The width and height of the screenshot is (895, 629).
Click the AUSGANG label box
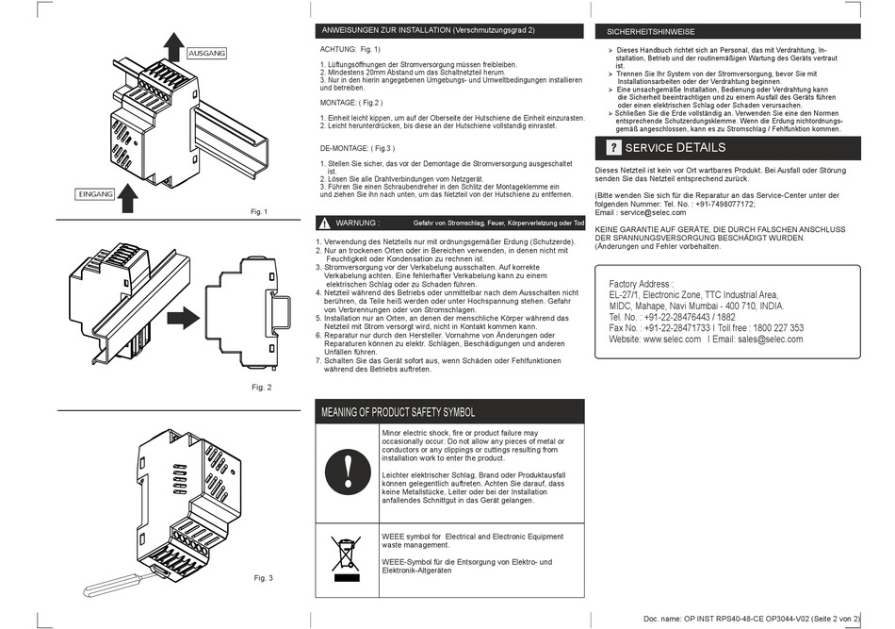point(206,53)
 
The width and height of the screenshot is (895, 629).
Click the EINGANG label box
point(95,194)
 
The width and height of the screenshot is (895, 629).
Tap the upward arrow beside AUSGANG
point(173,46)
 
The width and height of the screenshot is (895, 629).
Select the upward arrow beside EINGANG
point(128,198)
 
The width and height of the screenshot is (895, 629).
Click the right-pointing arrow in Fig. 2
point(183,318)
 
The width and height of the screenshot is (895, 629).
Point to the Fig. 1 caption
point(259,212)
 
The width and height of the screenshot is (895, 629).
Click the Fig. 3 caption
point(263,578)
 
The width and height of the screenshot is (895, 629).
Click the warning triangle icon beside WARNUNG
point(324,223)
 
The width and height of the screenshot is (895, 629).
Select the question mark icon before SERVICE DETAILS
point(613,148)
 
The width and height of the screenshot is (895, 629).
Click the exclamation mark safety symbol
point(348,472)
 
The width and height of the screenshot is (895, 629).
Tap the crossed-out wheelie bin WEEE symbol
point(347,558)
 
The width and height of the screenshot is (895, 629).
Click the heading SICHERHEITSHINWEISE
point(650,32)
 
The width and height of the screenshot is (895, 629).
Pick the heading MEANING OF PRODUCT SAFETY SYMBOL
point(398,412)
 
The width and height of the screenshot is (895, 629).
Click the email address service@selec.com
point(653,212)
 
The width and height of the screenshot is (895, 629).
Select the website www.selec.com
point(672,339)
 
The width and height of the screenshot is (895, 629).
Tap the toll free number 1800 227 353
point(778,328)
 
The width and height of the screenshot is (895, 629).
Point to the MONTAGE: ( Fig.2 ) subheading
point(351,103)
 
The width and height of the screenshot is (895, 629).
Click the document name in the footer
point(752,619)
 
